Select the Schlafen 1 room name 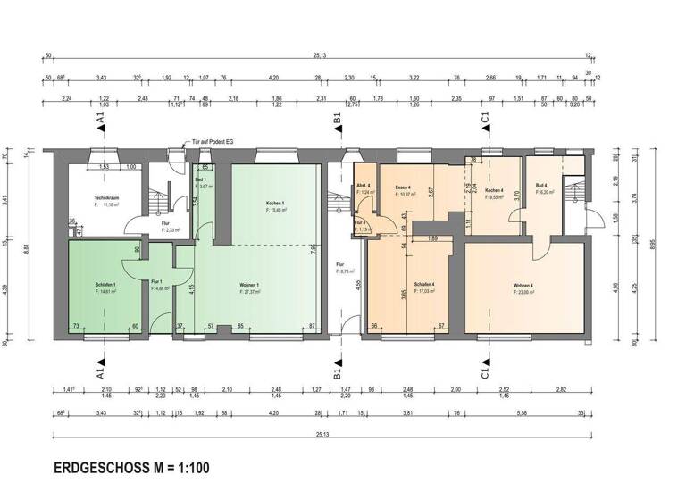point(105,285)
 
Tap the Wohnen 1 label point(251,286)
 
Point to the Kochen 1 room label point(277,204)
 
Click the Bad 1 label point(200,179)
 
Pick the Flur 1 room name point(156,281)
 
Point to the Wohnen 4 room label point(523,286)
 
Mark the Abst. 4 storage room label point(364,186)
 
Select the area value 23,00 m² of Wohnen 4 point(524,292)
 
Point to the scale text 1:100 point(192,467)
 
